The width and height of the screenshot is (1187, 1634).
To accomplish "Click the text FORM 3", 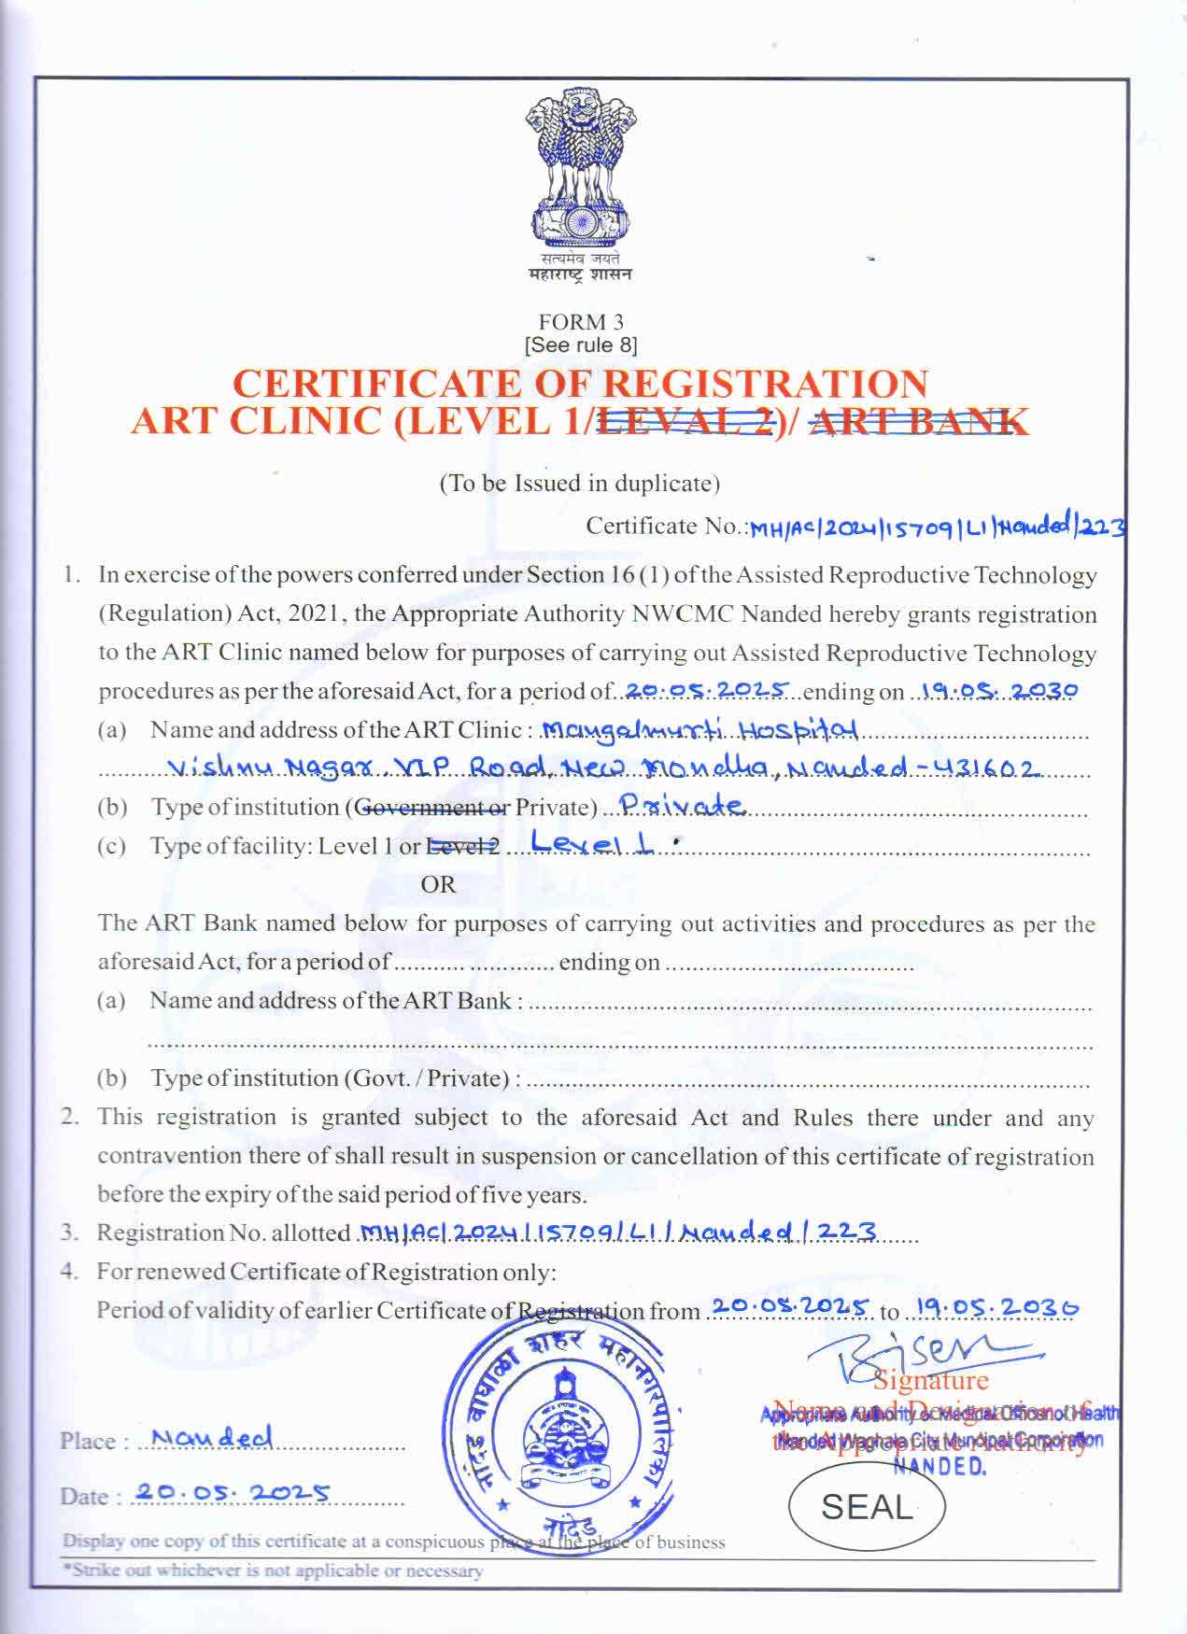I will click(x=581, y=322).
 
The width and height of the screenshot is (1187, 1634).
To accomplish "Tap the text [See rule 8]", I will click(x=581, y=345).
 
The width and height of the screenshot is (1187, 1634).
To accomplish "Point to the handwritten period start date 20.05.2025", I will click(x=708, y=691).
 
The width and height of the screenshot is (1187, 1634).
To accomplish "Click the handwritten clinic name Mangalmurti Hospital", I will click(x=699, y=729).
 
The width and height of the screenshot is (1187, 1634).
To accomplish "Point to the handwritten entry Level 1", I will click(x=593, y=844).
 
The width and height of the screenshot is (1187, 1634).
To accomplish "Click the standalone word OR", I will click(x=438, y=884).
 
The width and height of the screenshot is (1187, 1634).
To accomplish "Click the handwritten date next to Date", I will click(x=231, y=1493).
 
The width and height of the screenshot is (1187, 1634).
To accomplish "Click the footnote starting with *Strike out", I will click(x=273, y=1571).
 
